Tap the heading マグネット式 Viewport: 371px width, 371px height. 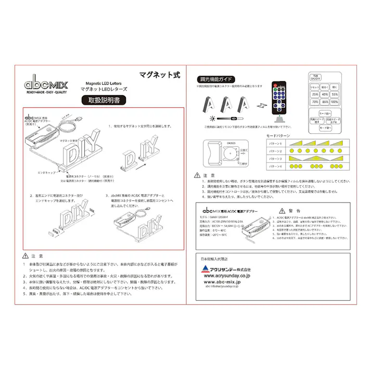point(159,74)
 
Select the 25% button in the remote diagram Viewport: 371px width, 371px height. point(315,95)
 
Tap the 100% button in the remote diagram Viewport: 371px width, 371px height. point(334,103)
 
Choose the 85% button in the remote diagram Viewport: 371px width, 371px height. point(324,103)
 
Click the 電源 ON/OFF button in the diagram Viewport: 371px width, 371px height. point(315,77)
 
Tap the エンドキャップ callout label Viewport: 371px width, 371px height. point(47,170)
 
